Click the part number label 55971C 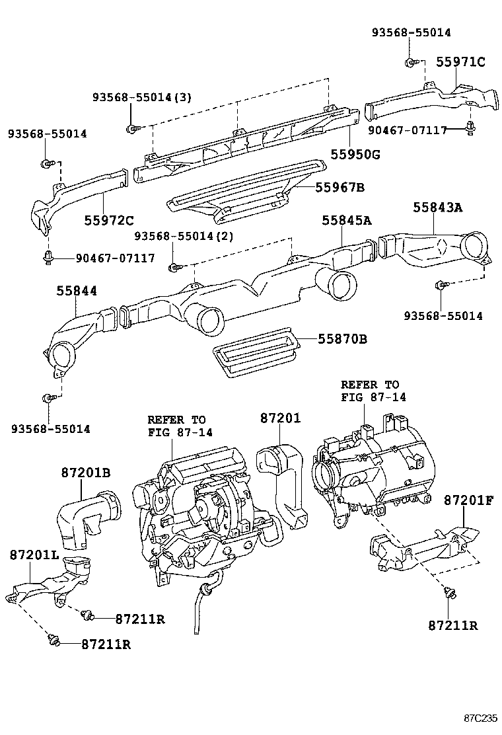pos(460,63)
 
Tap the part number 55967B pos(340,188)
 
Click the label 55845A pos(347,221)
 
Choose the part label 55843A pos(438,208)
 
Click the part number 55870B pos(342,340)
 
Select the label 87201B pos(86,473)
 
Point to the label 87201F pos(468,500)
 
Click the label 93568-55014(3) pos(141,97)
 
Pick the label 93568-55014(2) pos(183,236)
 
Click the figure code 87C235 pos(480,718)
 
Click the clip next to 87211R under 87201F pos(449,593)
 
